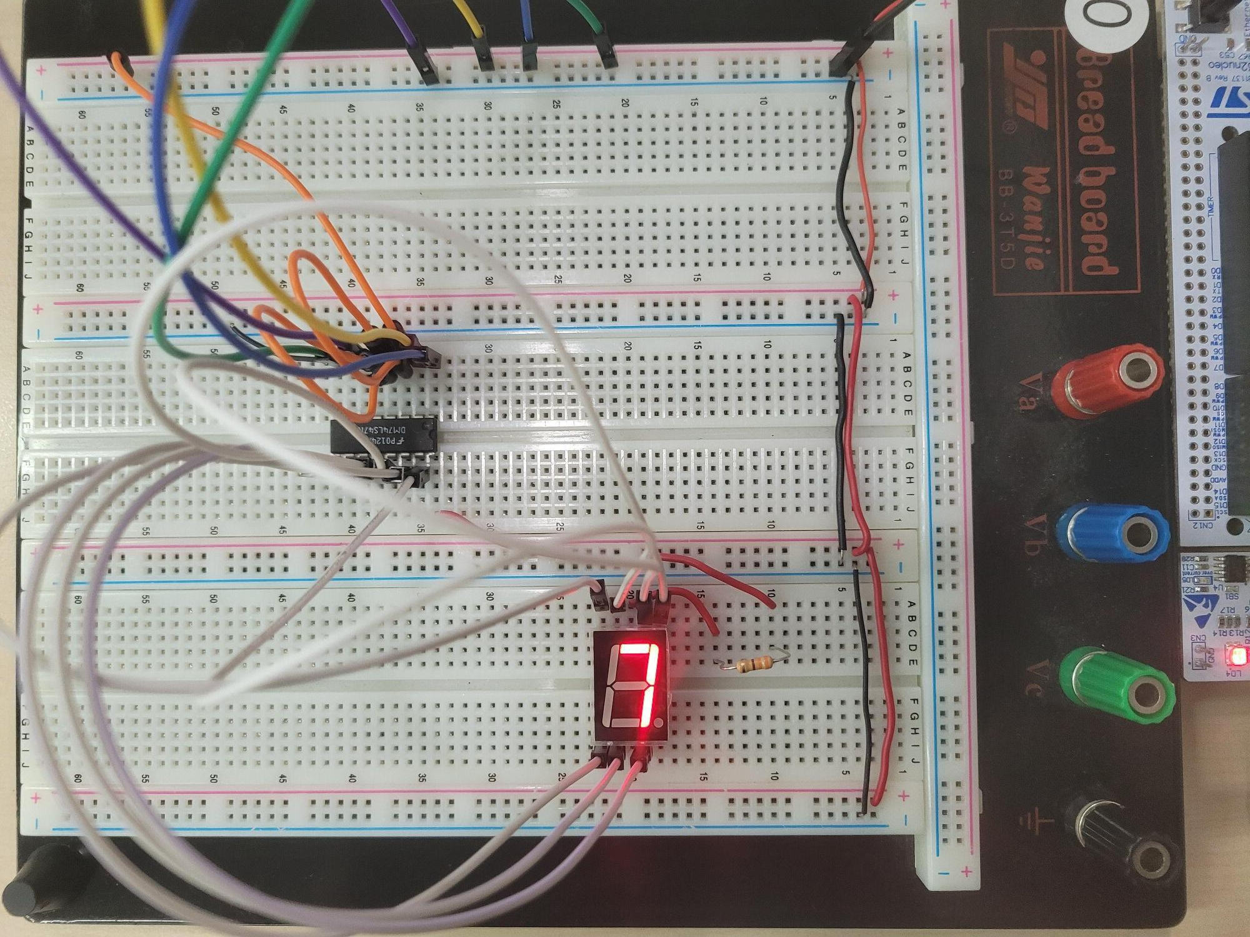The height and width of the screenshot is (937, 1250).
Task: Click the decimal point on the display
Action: pyautogui.click(x=659, y=723)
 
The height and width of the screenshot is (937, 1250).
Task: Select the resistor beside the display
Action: pyautogui.click(x=750, y=665)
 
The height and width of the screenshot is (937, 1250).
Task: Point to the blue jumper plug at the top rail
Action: pyautogui.click(x=528, y=55)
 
